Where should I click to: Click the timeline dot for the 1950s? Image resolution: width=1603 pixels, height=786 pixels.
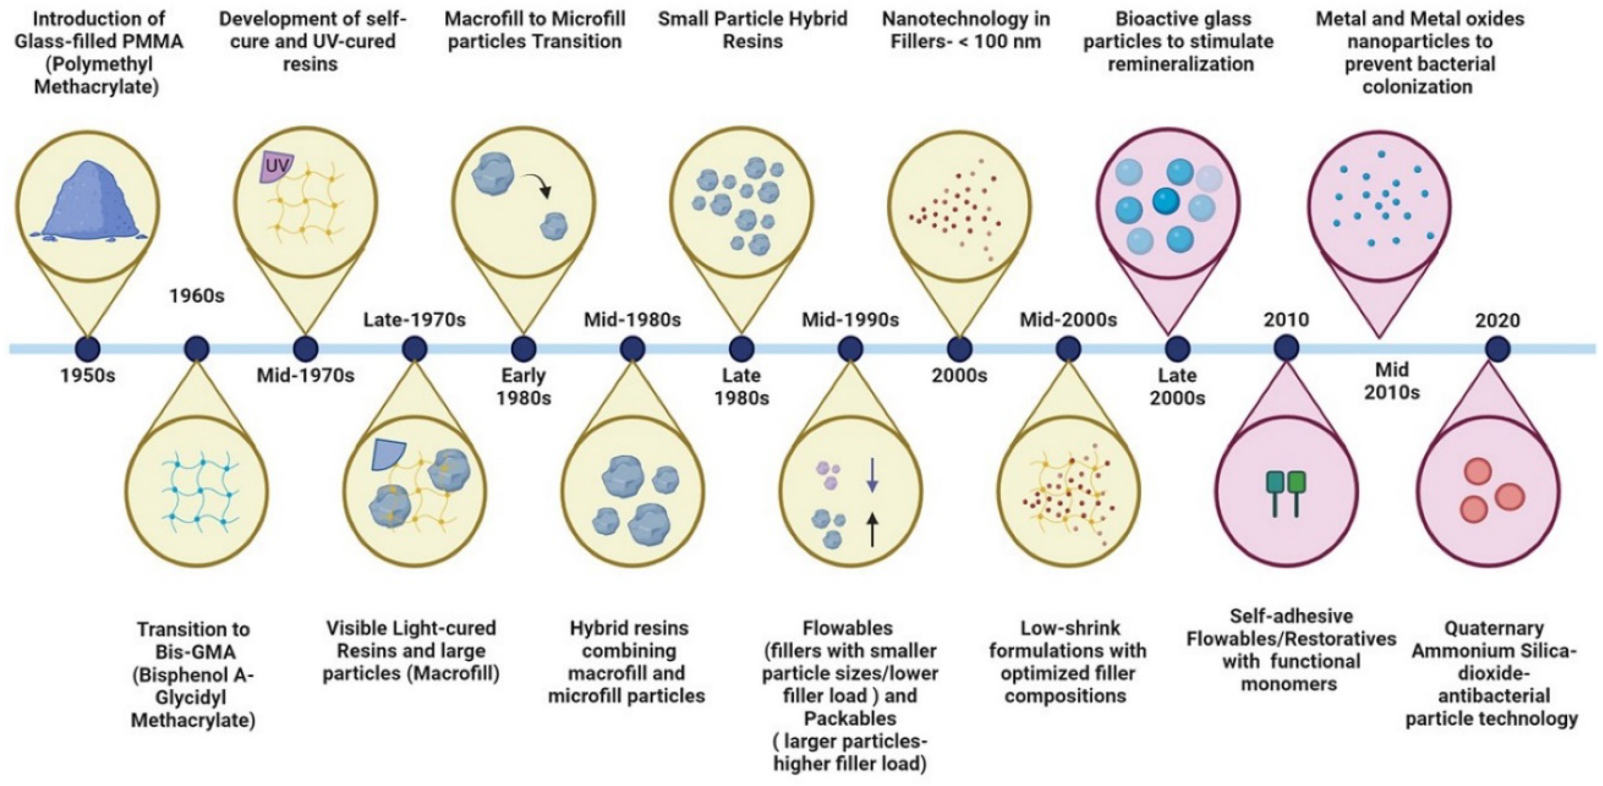(x=88, y=349)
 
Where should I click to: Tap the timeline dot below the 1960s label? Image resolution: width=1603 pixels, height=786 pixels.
(x=196, y=349)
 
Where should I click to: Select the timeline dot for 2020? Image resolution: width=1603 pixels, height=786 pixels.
(x=1497, y=349)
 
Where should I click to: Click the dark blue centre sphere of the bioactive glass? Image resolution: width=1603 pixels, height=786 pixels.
(x=1166, y=201)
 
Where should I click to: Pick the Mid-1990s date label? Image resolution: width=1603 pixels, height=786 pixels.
(x=850, y=320)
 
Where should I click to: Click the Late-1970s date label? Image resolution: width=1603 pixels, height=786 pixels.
(x=414, y=320)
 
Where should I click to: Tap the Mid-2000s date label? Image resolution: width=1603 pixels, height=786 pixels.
(x=1068, y=320)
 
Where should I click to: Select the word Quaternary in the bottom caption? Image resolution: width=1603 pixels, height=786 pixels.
(x=1493, y=628)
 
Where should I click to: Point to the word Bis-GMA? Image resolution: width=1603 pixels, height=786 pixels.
(x=194, y=652)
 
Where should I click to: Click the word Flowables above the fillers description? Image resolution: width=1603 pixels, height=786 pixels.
(x=847, y=628)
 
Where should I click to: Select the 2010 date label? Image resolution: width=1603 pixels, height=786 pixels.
(x=1286, y=320)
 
